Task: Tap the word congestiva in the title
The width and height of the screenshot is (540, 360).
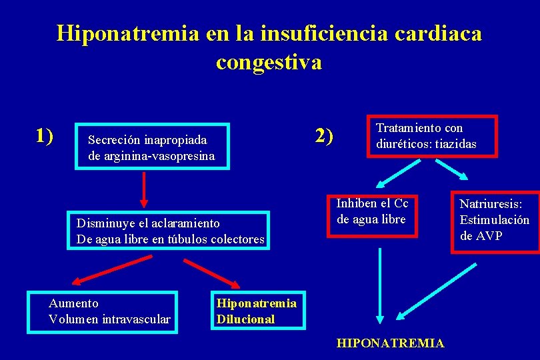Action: [269, 62]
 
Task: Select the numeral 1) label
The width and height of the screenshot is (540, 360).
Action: [45, 135]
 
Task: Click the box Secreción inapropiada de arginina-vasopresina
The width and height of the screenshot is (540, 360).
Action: [153, 147]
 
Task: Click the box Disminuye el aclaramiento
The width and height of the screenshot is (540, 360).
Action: [168, 231]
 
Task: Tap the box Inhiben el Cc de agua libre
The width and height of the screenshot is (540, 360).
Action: [373, 215]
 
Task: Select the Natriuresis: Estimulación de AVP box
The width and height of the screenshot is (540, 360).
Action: [495, 219]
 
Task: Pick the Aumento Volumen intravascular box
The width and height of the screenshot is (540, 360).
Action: [103, 311]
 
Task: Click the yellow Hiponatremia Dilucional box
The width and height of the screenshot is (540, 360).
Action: [257, 311]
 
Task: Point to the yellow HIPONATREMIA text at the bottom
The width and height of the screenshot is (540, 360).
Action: [390, 343]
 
